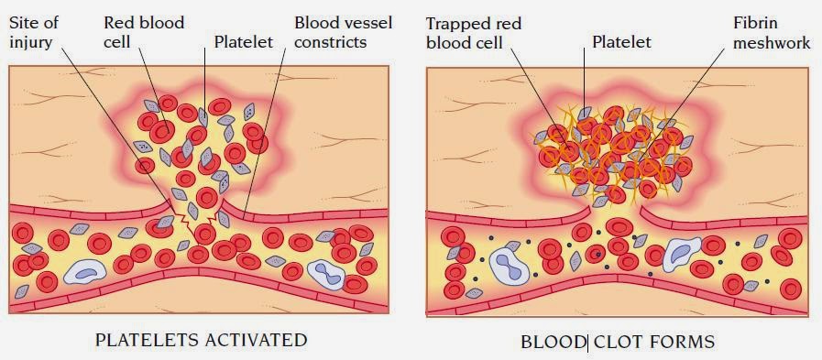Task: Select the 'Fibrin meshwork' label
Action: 771,31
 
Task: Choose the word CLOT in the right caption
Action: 618,343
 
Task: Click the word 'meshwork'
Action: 771,41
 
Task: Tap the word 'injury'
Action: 31,41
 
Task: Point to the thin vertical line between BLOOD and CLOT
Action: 587,343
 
